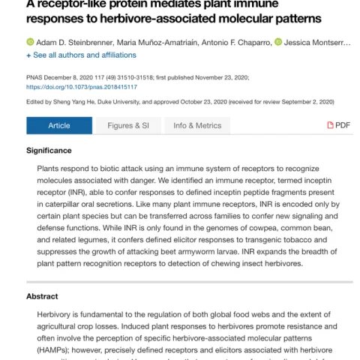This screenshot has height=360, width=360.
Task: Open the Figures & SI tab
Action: click(x=128, y=125)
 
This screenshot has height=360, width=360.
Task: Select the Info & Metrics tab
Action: click(x=197, y=125)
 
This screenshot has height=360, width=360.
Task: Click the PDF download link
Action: click(x=338, y=125)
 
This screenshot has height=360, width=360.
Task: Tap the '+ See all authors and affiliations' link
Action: click(x=81, y=55)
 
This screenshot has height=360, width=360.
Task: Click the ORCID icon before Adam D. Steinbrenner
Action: click(x=30, y=42)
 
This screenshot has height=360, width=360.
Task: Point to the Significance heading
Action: click(x=49, y=151)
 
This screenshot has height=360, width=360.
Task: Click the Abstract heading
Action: click(x=42, y=296)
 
